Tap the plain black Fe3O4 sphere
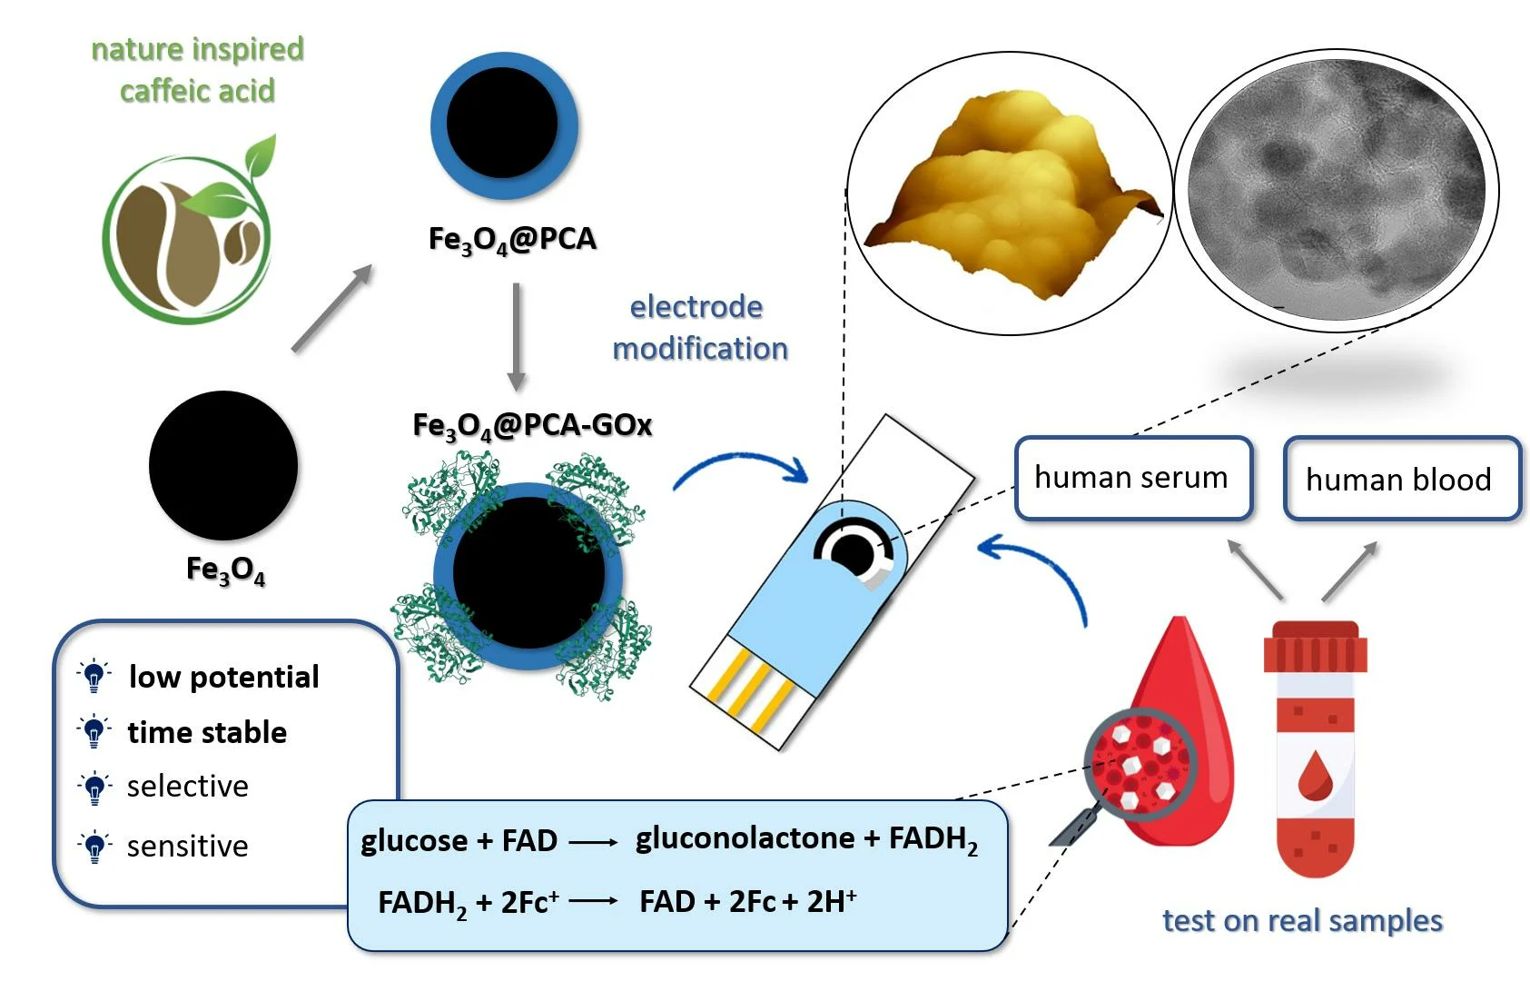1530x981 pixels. click(223, 465)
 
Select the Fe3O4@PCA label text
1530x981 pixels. click(512, 240)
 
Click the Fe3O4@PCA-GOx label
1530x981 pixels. click(532, 426)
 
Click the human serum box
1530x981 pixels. click(1132, 478)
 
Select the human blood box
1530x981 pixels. click(1401, 479)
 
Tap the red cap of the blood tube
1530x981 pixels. click(1315, 647)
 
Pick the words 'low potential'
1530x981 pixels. click(223, 677)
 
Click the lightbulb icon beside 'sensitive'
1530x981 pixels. click(94, 847)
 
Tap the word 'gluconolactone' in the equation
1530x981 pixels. click(745, 838)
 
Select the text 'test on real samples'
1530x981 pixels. click(1302, 920)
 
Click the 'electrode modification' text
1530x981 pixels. click(699, 328)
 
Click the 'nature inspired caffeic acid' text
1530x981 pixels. click(197, 69)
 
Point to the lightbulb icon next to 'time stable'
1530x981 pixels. click(94, 731)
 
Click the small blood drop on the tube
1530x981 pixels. click(1313, 777)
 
